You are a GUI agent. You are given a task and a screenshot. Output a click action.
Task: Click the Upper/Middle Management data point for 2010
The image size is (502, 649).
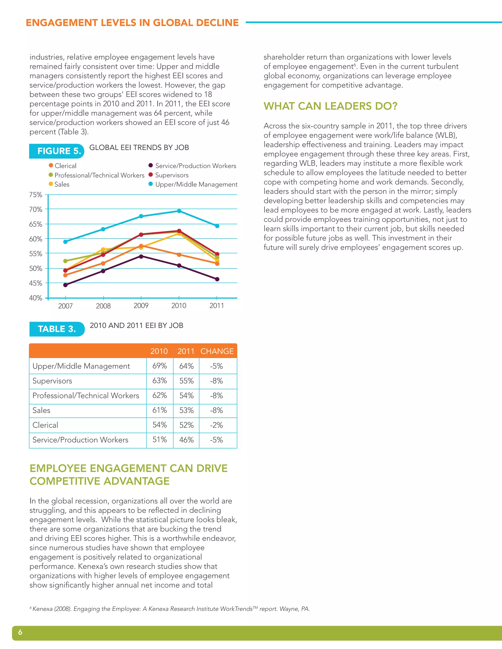coord(179,211)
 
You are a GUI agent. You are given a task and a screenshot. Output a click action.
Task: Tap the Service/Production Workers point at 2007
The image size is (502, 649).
coord(65,285)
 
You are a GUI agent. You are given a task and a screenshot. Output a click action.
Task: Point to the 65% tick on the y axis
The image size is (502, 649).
coord(36,224)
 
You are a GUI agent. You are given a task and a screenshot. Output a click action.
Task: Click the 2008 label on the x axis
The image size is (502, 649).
coord(103,306)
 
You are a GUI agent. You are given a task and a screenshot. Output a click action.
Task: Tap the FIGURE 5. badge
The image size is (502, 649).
coord(57,151)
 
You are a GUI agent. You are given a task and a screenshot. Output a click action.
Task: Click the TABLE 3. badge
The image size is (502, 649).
coord(57,329)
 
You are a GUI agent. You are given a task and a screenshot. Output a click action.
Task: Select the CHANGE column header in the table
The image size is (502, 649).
coord(217,351)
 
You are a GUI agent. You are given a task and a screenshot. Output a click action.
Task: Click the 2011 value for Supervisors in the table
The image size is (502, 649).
coord(187,381)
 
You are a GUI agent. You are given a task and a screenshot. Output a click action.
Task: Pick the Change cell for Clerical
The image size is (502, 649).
coord(216,425)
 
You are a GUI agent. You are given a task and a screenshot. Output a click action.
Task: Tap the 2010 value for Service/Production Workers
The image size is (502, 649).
coord(160,440)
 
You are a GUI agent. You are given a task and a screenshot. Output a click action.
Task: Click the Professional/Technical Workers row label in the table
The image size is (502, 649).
coord(86,396)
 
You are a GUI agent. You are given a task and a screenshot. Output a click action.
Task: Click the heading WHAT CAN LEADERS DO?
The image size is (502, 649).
coord(330,106)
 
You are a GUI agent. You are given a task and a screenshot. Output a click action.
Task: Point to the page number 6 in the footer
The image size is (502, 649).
coord(20,632)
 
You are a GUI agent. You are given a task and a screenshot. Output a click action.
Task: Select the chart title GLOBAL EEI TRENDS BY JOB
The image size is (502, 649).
coord(139,147)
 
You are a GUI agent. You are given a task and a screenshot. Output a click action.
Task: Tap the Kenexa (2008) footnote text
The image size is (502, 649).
coord(171,609)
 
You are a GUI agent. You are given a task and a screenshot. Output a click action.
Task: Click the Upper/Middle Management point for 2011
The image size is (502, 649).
coord(217,226)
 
